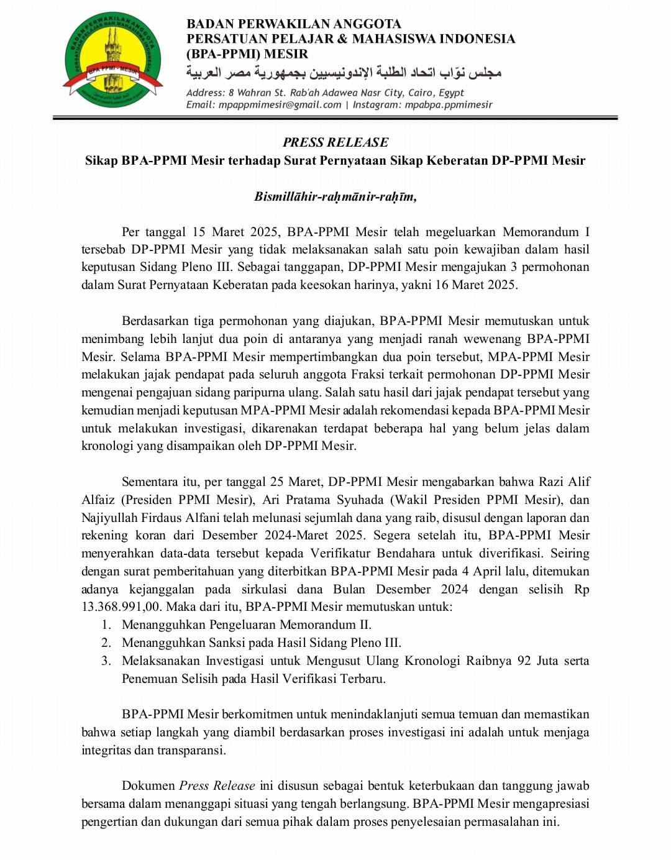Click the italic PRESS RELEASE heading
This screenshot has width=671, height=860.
coord(335,142)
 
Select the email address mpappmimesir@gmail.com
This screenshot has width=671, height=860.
coord(280,104)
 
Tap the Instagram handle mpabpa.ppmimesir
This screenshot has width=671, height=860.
coord(448,104)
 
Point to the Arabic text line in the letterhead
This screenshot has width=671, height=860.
coord(343,73)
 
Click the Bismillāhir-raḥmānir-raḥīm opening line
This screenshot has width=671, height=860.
coord(335,196)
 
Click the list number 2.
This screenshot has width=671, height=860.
coord(106,643)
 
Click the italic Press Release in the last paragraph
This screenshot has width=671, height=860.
coord(217,785)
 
